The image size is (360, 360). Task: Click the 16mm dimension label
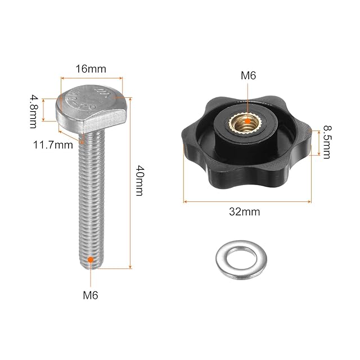click(x=91, y=69)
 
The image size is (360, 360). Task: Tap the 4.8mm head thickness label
click(x=33, y=111)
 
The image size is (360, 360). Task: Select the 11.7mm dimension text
click(x=53, y=145)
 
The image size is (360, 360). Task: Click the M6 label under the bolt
click(x=91, y=295)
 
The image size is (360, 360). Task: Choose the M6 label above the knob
click(x=248, y=75)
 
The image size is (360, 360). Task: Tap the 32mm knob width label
click(x=245, y=211)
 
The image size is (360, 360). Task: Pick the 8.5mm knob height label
click(x=327, y=142)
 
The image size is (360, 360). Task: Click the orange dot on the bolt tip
click(x=91, y=260)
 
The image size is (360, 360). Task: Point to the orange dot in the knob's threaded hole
click(x=247, y=121)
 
